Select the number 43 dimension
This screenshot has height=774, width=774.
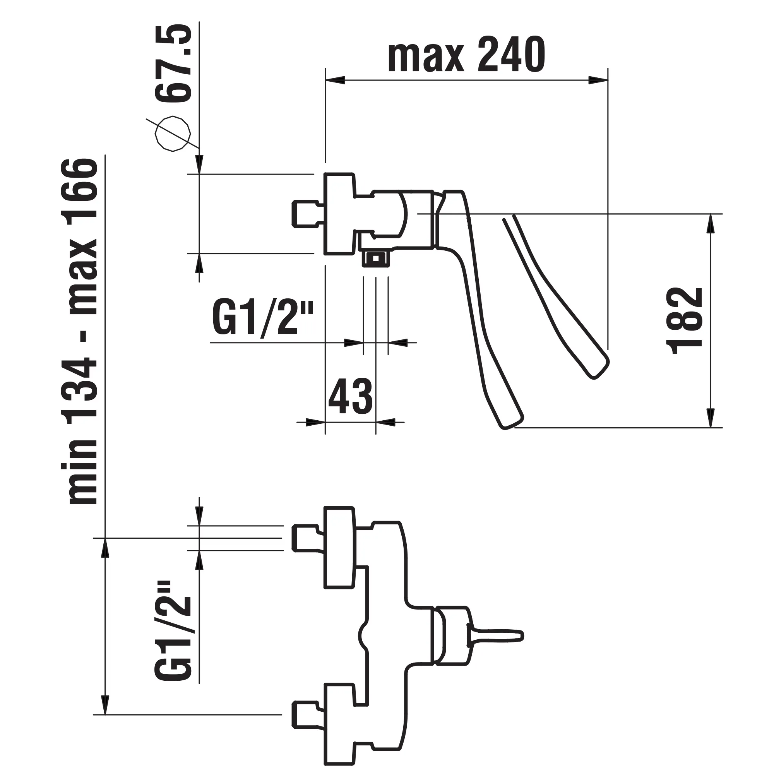pos(350,396)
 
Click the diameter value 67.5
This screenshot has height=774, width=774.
pos(173,64)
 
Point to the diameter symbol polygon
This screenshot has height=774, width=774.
pos(173,134)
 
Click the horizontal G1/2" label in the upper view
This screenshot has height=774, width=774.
pos(262,319)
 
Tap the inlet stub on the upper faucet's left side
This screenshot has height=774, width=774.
pos(307,214)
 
